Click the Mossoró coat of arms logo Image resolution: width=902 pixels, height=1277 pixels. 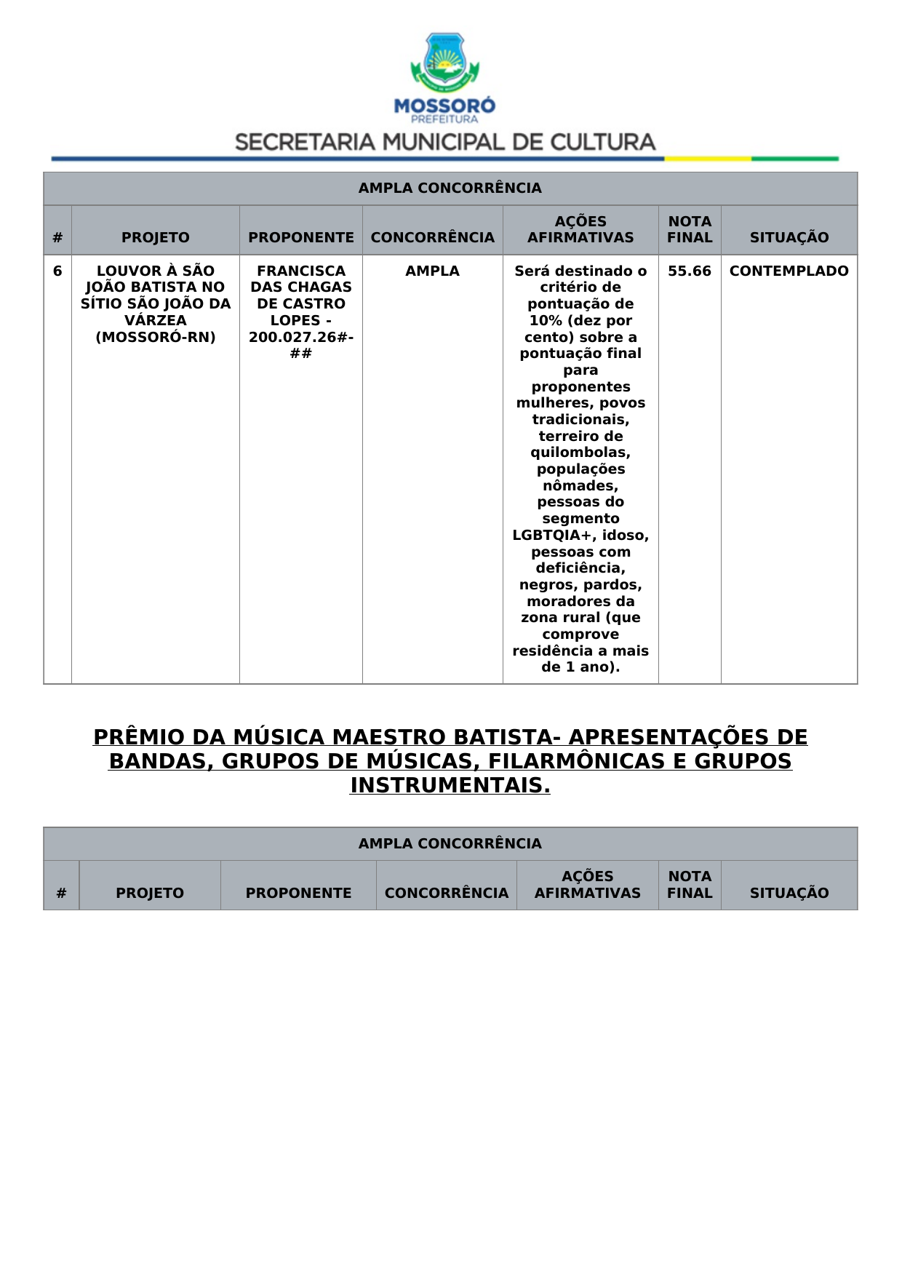point(444,63)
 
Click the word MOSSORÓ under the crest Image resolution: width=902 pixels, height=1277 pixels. point(444,106)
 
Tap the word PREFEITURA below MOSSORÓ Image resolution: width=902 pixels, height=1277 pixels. point(444,119)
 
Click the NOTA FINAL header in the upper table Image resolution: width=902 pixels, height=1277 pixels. point(690,229)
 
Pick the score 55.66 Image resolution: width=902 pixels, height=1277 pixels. point(690,271)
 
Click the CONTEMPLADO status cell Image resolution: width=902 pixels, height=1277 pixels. point(789,271)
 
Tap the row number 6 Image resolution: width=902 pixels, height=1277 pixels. point(57,271)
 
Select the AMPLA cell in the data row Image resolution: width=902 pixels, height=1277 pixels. point(432,271)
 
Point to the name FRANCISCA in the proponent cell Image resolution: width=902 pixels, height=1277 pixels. point(301,271)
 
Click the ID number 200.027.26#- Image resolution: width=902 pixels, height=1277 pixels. point(301,337)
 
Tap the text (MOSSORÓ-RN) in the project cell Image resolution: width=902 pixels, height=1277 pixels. point(156,337)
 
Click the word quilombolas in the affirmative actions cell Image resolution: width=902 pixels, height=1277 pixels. point(580,453)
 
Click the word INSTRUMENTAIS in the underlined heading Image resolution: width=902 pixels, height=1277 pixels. point(450,786)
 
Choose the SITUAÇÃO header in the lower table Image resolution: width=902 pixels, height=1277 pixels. point(789,893)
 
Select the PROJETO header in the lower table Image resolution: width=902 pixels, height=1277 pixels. point(150,893)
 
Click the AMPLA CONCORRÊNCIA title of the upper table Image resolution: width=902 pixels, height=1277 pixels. point(450,188)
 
